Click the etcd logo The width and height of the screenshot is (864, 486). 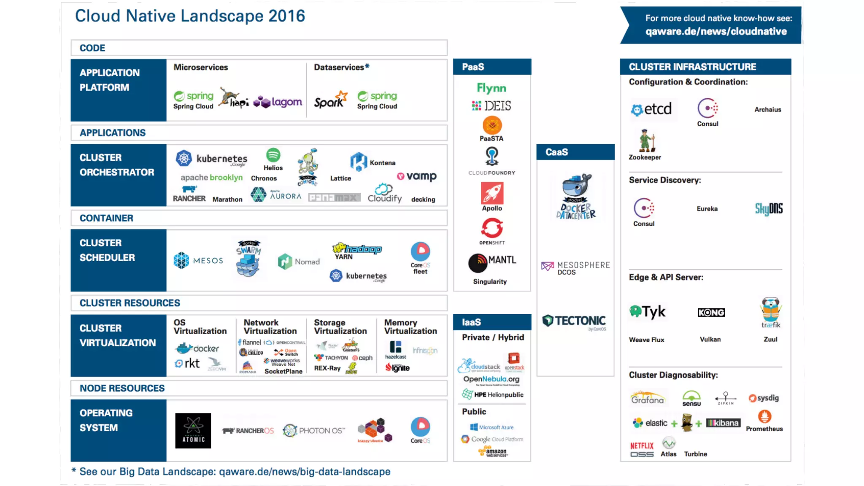point(651,109)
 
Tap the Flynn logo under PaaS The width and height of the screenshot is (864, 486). point(491,88)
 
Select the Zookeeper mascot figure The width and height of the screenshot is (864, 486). point(646,141)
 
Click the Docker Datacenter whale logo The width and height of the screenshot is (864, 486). point(576,197)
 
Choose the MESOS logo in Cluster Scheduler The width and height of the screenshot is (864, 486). point(198,260)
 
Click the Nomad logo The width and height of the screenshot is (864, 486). point(299,262)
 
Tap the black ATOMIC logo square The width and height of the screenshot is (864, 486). point(193,430)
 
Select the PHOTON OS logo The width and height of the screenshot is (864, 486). point(314,430)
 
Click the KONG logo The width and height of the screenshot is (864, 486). point(711,312)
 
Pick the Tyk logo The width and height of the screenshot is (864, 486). point(647,312)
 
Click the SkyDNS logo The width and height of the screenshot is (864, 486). point(768,208)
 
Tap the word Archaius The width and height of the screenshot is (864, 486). point(767,110)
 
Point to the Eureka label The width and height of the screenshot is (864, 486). point(707,209)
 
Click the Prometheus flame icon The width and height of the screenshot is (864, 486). point(764,417)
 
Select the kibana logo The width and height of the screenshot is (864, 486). point(723,423)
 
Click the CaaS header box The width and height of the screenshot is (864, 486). point(575,152)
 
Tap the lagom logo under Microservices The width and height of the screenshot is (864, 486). point(278,102)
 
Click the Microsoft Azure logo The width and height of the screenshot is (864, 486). point(492,427)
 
